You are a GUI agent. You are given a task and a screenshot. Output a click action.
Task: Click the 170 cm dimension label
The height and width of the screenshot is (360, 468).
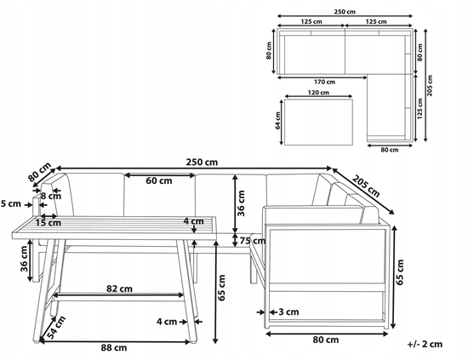point(324,82)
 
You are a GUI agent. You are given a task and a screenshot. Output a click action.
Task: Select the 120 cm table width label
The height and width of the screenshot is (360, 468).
point(318,93)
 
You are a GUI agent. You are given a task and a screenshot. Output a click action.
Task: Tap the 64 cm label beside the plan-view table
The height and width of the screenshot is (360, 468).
point(278,121)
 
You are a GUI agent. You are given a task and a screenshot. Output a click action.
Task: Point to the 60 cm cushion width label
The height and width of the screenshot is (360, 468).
point(159,180)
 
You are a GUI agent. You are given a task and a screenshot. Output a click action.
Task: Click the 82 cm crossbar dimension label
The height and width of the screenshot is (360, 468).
point(119,289)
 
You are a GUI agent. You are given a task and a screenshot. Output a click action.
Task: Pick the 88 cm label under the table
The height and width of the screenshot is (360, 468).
point(114,347)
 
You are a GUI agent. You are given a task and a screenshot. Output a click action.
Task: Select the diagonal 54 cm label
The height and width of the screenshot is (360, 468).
point(56,328)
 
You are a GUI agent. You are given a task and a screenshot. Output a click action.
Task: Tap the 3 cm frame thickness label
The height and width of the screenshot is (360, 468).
point(288,312)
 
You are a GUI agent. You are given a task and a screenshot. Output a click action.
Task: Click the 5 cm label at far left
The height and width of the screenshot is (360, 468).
point(11,204)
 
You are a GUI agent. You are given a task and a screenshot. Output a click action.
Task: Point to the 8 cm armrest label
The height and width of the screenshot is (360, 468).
point(51,196)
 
